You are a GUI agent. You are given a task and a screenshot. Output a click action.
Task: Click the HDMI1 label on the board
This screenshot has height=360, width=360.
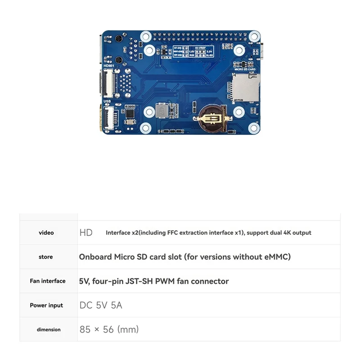pos(109,65)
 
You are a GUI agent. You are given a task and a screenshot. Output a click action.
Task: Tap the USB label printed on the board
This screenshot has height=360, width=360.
pos(107,101)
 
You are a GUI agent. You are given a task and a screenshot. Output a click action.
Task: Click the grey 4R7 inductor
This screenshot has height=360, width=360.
pos(162,111)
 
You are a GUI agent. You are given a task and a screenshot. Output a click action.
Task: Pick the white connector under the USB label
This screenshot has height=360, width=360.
pos(109,117)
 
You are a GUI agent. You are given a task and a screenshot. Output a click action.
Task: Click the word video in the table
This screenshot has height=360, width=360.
pos(46,233)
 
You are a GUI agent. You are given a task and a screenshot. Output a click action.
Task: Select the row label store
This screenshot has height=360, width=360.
pos(45,257)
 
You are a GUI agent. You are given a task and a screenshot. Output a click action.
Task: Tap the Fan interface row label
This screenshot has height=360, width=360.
pos(47,281)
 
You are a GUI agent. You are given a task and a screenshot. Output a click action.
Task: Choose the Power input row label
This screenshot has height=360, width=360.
pos(46,305)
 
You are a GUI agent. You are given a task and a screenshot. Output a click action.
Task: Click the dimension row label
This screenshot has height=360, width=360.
pos(49,329)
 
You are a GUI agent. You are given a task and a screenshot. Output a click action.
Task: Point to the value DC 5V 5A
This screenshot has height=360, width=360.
pos(101,305)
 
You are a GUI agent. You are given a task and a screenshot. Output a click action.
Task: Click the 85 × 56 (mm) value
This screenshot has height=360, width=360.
pos(109,329)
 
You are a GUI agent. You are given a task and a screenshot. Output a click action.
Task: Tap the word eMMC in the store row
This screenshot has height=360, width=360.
pos(274,257)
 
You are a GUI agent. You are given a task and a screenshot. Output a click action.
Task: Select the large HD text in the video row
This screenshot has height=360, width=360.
pos(86,233)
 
